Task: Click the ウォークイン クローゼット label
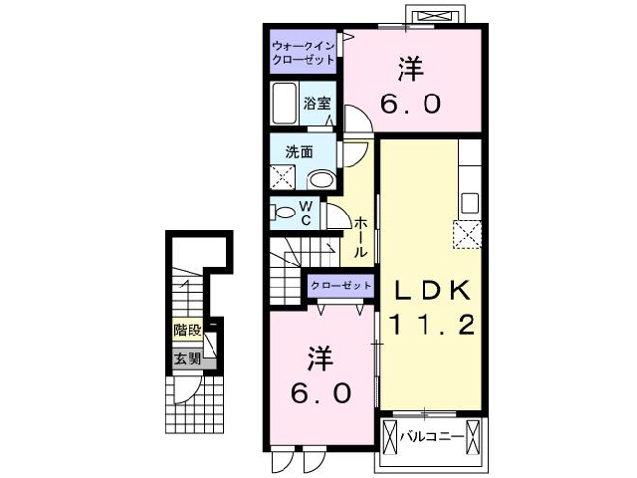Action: (x=305, y=52)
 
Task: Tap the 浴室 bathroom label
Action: (x=318, y=104)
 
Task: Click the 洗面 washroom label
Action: (x=300, y=152)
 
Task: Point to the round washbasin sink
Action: (x=320, y=179)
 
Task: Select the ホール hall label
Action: (x=360, y=238)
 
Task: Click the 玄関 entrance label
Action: (x=186, y=358)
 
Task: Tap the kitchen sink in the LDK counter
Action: (x=469, y=201)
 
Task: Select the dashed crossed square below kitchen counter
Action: (x=468, y=235)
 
